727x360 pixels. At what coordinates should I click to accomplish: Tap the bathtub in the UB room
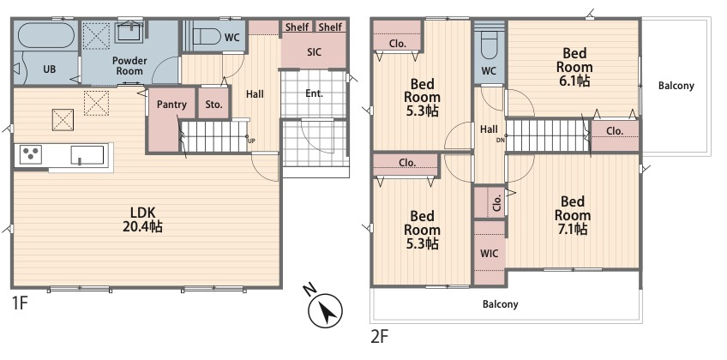[45, 35]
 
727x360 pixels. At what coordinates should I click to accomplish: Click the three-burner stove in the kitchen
[29, 154]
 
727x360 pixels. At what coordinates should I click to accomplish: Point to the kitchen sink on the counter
[87, 155]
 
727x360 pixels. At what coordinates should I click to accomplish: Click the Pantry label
[171, 105]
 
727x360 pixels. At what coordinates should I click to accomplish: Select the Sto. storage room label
[213, 105]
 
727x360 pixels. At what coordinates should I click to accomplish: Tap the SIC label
[314, 52]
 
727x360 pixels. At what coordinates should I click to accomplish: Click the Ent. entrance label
[314, 93]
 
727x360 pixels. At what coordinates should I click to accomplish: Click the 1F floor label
[21, 304]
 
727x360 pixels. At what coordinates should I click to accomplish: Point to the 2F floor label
[379, 337]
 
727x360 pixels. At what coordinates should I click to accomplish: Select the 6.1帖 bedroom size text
[574, 81]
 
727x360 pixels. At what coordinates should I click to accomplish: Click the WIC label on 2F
[489, 254]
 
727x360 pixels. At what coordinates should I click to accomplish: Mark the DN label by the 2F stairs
[500, 140]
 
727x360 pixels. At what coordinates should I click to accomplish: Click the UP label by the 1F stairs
[251, 141]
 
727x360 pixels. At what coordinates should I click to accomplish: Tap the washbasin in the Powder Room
[129, 32]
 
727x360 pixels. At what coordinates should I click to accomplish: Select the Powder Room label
[129, 66]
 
